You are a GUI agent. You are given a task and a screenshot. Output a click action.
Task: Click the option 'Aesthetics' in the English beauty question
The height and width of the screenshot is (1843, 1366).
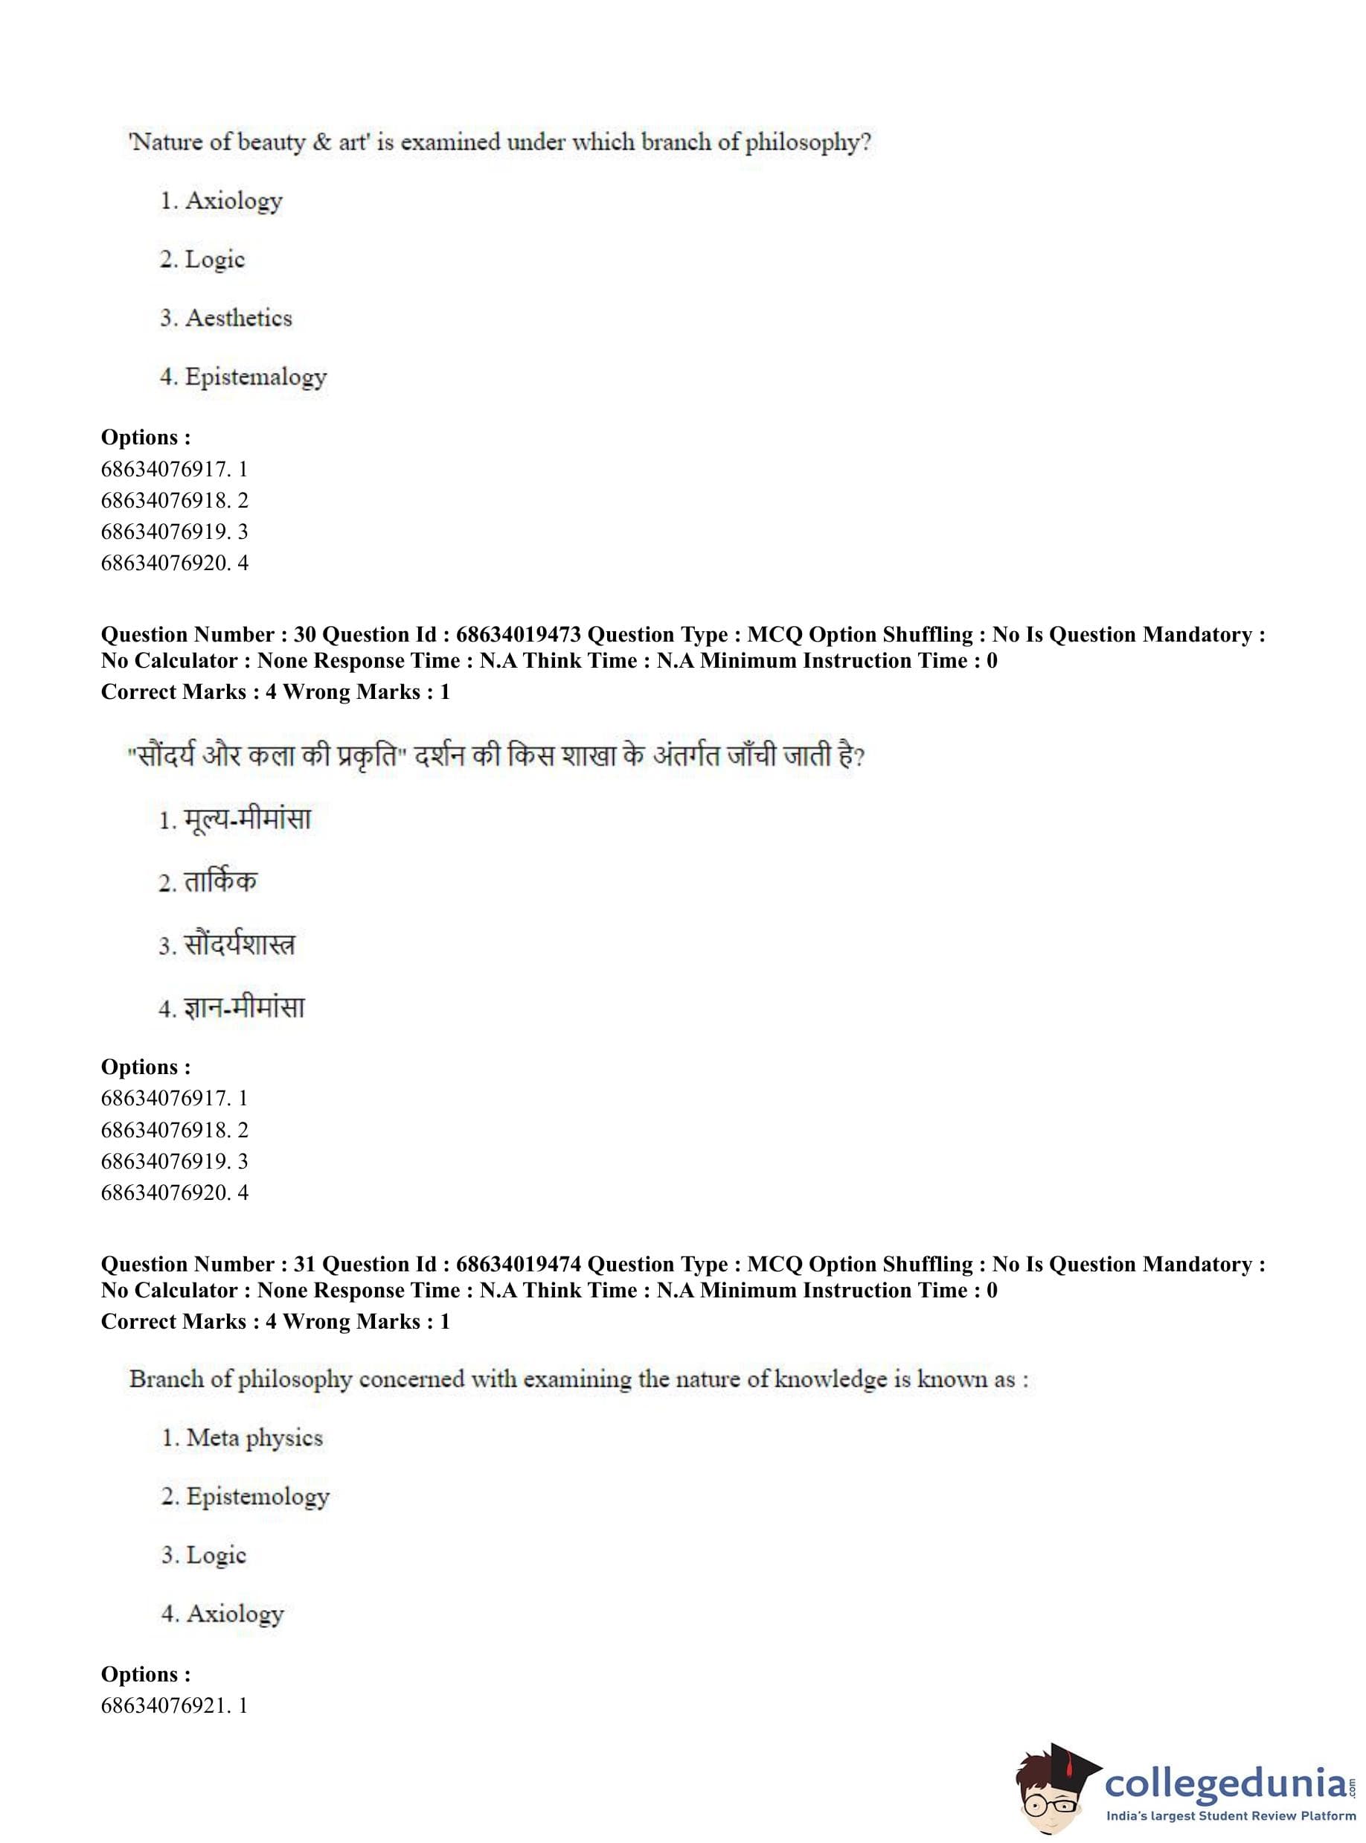pyautogui.click(x=238, y=318)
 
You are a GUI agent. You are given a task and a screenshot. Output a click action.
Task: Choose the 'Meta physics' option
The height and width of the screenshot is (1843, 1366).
pyautogui.click(x=254, y=1437)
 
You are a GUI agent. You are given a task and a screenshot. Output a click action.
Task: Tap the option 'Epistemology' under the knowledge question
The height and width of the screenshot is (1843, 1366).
pyautogui.click(x=258, y=1495)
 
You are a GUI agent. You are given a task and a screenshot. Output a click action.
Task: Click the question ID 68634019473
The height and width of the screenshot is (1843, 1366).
pyautogui.click(x=519, y=634)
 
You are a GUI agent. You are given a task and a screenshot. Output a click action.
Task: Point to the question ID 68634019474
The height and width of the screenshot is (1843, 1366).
pyautogui.click(x=519, y=1264)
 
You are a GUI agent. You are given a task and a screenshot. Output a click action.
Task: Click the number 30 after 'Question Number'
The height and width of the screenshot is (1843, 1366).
pyautogui.click(x=304, y=634)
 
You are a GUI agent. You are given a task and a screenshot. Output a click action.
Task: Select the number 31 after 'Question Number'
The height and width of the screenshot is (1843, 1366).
pyautogui.click(x=304, y=1264)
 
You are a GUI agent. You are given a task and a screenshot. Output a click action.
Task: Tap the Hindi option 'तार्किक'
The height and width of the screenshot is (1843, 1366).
pyautogui.click(x=220, y=882)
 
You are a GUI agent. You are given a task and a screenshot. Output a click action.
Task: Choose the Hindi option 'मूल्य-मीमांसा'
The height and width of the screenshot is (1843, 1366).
pyautogui.click(x=247, y=819)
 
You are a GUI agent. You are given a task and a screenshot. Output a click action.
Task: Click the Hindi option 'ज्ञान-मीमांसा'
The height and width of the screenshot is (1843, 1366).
pyautogui.click(x=244, y=1008)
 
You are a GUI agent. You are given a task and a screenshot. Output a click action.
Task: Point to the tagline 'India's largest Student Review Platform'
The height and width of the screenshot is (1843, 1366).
pyautogui.click(x=1231, y=1815)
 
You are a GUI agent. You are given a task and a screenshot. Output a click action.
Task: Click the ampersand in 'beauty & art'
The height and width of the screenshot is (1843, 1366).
pyautogui.click(x=321, y=142)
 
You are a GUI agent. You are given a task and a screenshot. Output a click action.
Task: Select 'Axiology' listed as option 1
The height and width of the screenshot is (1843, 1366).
pyautogui.click(x=233, y=200)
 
